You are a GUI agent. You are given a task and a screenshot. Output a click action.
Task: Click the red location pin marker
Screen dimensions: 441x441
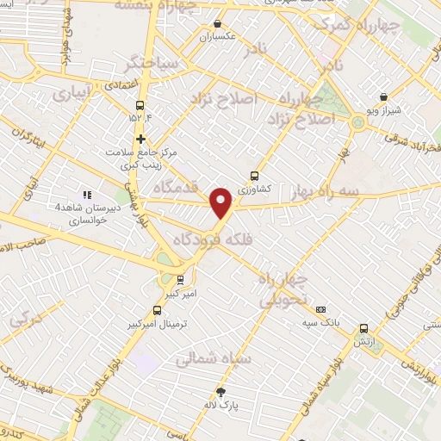[x=222, y=203]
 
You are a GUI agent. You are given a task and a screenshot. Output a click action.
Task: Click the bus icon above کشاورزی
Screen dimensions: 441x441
[x=253, y=176]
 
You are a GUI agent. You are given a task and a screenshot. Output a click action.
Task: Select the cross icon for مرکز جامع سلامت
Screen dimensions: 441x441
[x=141, y=139]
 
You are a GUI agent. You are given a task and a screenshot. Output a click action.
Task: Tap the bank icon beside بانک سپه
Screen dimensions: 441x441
[x=320, y=309]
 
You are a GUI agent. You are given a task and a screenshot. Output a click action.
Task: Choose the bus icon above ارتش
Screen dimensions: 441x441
[x=363, y=329]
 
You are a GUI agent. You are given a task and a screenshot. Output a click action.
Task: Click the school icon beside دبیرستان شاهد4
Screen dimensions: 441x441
[x=86, y=195]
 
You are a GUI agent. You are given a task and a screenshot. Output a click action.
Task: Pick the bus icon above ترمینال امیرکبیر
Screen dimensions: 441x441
[x=156, y=310]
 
